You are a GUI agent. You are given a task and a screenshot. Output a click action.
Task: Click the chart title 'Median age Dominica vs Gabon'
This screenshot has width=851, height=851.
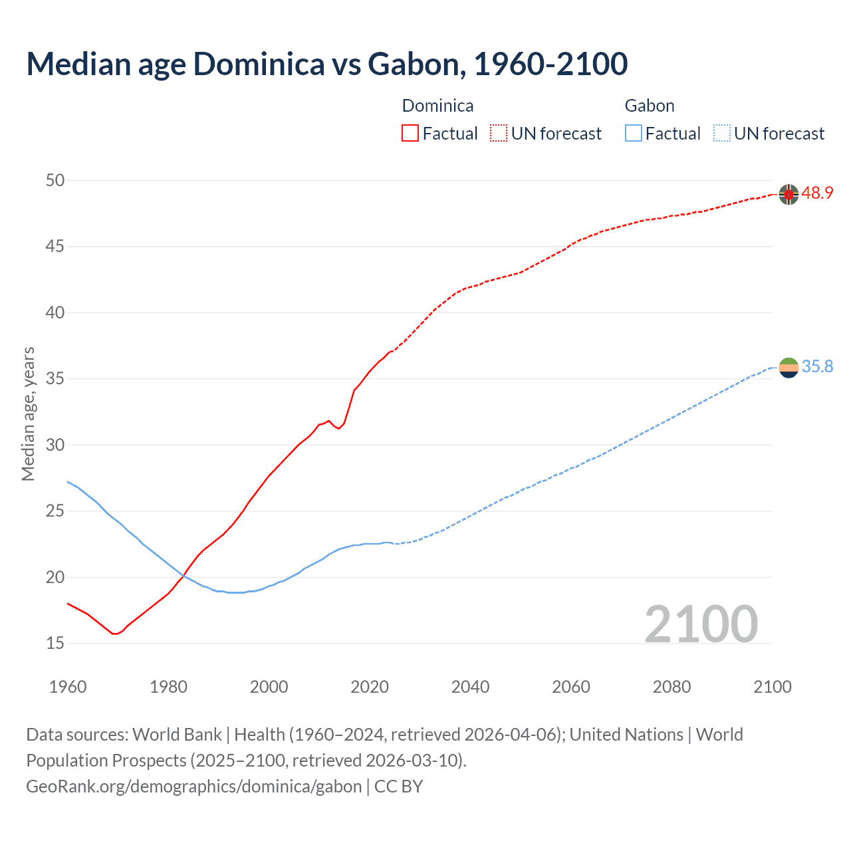(x=326, y=64)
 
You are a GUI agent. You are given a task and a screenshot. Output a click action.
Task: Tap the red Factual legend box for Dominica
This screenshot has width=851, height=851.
(x=410, y=134)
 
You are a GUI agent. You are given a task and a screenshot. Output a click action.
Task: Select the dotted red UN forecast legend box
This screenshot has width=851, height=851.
(x=499, y=134)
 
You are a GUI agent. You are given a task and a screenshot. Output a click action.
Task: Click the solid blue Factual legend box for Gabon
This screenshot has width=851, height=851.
(x=633, y=134)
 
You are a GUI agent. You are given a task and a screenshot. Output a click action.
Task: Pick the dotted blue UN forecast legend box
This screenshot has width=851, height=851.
(x=721, y=134)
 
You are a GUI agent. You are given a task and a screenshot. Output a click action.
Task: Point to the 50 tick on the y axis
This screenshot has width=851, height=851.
(x=55, y=180)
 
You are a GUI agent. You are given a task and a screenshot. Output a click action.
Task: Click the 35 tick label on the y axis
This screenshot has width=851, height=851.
(x=55, y=379)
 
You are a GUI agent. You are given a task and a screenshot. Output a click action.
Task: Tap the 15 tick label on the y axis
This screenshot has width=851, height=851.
(x=55, y=643)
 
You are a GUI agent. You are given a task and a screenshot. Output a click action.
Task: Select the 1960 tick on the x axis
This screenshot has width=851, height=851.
(x=68, y=686)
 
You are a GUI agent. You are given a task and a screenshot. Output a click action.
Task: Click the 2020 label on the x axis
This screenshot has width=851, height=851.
(x=370, y=686)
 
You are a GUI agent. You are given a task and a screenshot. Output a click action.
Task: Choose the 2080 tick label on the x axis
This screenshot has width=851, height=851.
(x=671, y=686)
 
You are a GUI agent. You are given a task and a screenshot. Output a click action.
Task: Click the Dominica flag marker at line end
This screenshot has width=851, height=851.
(x=789, y=194)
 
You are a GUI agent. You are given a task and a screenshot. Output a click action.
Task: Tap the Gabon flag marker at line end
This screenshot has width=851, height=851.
(x=789, y=367)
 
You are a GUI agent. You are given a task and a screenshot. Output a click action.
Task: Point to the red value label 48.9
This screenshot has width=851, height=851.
(x=817, y=193)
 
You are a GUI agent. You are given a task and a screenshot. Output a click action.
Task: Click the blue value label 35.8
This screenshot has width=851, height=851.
(x=817, y=367)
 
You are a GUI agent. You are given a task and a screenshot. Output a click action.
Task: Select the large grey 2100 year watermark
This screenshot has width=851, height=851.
(x=701, y=624)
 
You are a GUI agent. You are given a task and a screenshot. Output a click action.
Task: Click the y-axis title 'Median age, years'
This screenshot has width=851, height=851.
(x=28, y=414)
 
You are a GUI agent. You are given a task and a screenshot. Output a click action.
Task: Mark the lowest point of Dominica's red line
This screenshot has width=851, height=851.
(x=114, y=634)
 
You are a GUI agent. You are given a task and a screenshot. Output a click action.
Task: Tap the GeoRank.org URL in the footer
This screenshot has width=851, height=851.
(x=193, y=787)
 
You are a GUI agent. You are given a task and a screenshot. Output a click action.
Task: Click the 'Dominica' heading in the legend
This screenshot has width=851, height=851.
(x=437, y=106)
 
